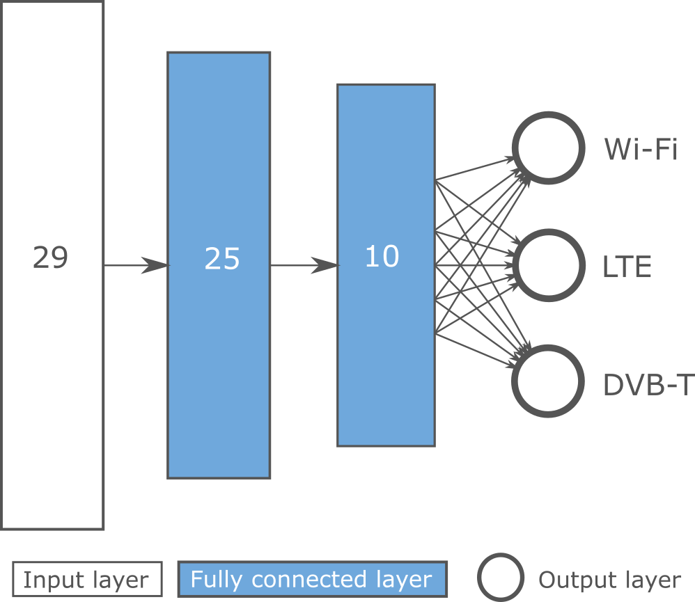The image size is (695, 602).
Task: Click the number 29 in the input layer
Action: coord(51,258)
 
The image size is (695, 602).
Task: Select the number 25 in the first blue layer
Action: coord(222,259)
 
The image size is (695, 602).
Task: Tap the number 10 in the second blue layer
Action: coord(382,257)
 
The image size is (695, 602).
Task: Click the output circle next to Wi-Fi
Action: coord(547,148)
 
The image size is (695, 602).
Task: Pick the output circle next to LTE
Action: coord(547,265)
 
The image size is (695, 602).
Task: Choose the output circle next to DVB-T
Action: coord(547,381)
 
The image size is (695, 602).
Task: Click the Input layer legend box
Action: coord(86,580)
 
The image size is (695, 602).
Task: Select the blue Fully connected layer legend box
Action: coord(312,580)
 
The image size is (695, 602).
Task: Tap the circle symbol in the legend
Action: coord(500,578)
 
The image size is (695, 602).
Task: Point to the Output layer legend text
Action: coord(609,580)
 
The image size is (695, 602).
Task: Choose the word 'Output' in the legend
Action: coord(570,580)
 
